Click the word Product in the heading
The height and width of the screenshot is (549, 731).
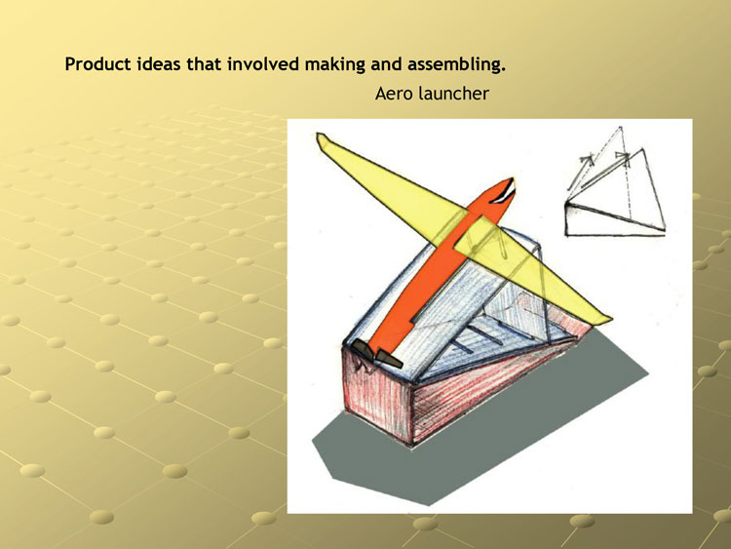click(97, 64)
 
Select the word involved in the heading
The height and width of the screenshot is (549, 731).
click(263, 64)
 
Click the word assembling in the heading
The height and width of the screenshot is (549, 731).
click(456, 64)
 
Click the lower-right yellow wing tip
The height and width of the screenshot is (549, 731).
click(605, 318)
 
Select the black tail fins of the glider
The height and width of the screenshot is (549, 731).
click(376, 354)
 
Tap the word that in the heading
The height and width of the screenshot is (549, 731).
click(204, 64)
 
